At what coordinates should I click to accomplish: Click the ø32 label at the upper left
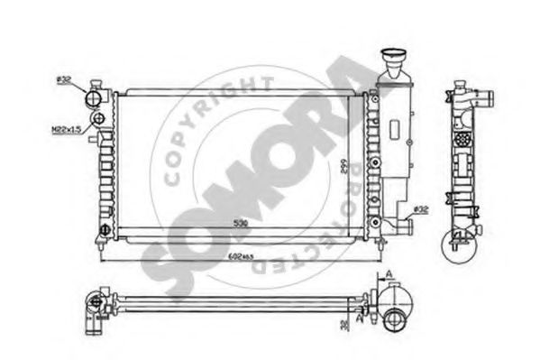(64, 80)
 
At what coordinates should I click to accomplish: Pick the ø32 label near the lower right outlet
(419, 209)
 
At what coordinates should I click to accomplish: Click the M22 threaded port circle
(100, 118)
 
